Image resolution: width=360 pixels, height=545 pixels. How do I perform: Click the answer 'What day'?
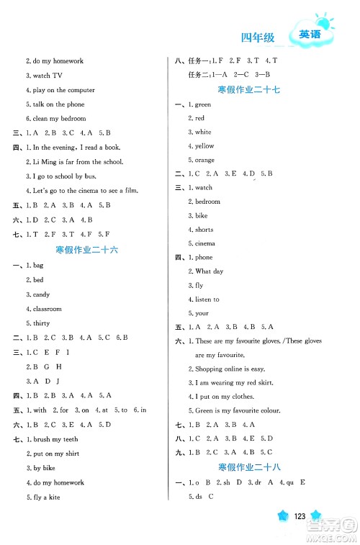tap(209, 271)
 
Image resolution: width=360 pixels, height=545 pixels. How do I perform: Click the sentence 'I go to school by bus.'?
tap(63, 176)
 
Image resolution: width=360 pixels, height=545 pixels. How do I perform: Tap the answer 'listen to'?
tap(207, 299)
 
